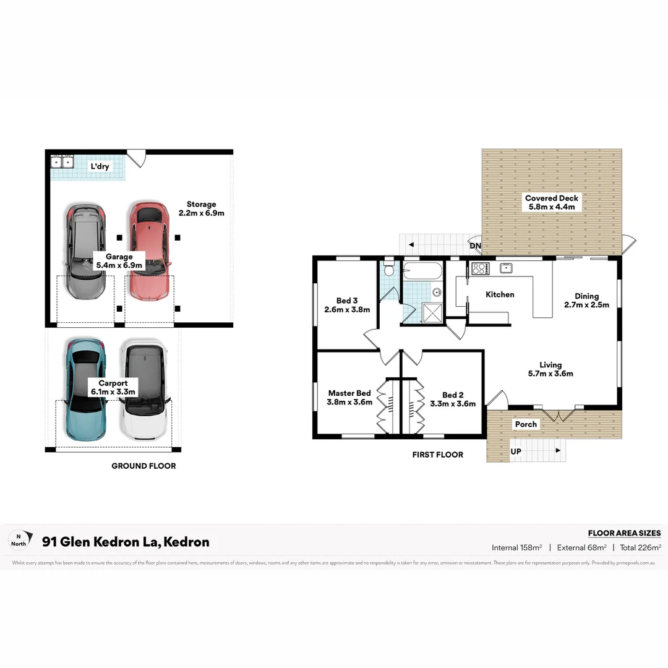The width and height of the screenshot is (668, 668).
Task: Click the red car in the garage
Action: [149, 250]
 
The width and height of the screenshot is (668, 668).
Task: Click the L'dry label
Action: [100, 166]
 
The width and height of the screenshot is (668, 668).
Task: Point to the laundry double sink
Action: [62, 162]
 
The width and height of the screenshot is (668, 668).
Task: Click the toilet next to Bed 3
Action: [388, 269]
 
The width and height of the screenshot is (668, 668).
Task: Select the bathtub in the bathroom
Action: [422, 271]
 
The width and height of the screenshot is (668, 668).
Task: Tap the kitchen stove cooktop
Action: [481, 268]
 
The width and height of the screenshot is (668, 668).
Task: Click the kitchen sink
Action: [506, 268]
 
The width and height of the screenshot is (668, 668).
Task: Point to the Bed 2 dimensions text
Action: [453, 404]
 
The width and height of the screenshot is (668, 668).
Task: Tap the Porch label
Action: [526, 424]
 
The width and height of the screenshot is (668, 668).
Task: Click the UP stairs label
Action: [516, 452]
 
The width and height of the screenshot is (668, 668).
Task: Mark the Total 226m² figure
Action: [641, 547]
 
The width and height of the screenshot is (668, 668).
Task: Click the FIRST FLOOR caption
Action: [437, 455]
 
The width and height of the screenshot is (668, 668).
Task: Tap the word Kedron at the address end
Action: [189, 542]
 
